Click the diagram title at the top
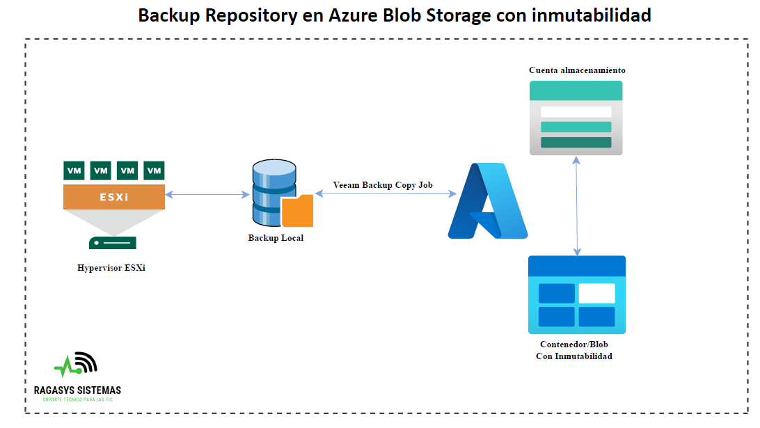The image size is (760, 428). pyautogui.click(x=394, y=15)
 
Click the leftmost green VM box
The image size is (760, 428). pyautogui.click(x=74, y=170)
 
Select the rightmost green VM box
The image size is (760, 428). pyautogui.click(x=154, y=170)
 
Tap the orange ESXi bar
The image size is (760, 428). pyautogui.click(x=114, y=197)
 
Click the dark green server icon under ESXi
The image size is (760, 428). pyautogui.click(x=113, y=243)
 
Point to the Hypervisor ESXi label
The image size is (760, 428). pyautogui.click(x=111, y=268)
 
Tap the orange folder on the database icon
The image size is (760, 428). pyautogui.click(x=297, y=212)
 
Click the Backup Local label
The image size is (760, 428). pyautogui.click(x=276, y=238)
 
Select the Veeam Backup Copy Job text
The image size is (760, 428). pyautogui.click(x=383, y=185)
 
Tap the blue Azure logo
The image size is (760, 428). pyautogui.click(x=487, y=201)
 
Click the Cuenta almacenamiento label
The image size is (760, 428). pyautogui.click(x=577, y=70)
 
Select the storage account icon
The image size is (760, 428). pyautogui.click(x=576, y=118)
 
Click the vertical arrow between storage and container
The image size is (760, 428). pyautogui.click(x=576, y=205)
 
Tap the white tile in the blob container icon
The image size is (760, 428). pyautogui.click(x=596, y=293)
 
